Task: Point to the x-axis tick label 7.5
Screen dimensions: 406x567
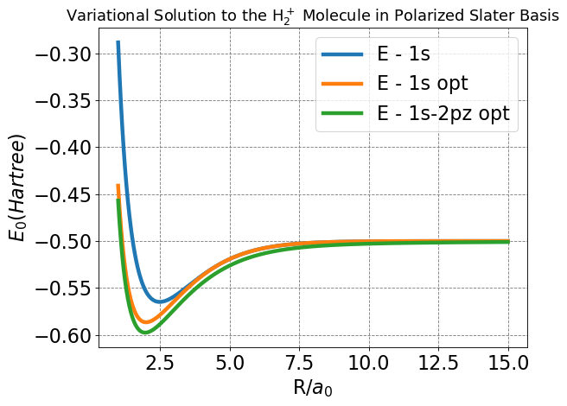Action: [299, 361]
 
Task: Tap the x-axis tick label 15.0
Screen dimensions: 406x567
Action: [508, 361]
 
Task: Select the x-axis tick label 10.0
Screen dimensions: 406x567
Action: [369, 361]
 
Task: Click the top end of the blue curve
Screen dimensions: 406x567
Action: [118, 42]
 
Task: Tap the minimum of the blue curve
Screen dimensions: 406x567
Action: [160, 301]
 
